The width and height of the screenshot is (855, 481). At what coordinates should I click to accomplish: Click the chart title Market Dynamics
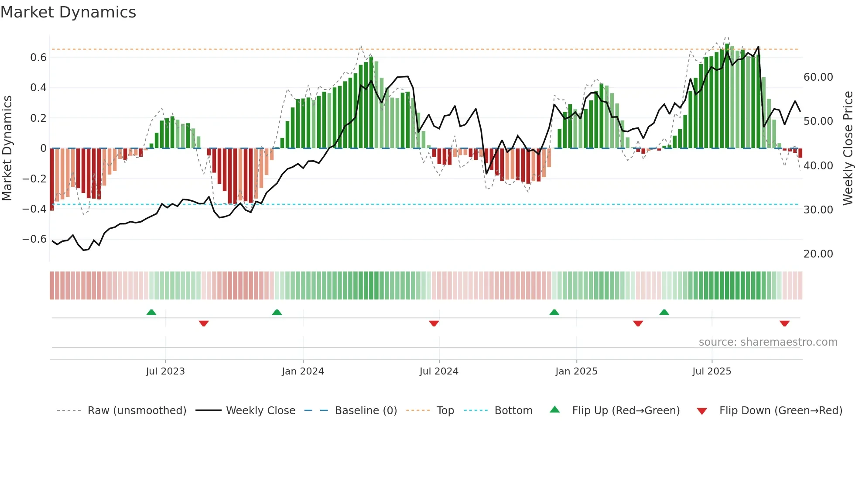(x=68, y=12)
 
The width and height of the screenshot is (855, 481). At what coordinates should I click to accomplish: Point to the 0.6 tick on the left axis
(x=38, y=58)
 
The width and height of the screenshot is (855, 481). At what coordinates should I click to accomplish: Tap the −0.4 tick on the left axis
(x=34, y=209)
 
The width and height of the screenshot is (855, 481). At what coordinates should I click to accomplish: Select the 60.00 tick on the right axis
(x=818, y=77)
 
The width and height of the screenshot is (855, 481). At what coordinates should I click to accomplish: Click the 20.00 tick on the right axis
(x=818, y=254)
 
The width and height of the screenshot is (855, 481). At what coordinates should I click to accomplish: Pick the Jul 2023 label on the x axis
(x=165, y=371)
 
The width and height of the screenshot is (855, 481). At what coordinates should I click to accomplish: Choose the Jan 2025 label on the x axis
(x=576, y=371)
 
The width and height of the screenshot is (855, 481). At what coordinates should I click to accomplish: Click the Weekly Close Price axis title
(x=848, y=148)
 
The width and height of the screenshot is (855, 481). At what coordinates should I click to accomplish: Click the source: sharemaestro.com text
(x=768, y=342)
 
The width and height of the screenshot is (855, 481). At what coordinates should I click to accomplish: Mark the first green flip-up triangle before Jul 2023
(x=151, y=313)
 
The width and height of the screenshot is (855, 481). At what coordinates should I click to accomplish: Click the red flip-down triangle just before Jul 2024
(x=434, y=323)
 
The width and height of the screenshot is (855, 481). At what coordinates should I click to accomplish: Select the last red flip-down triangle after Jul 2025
(x=784, y=323)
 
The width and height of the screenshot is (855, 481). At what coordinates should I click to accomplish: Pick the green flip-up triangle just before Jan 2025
(x=554, y=313)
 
